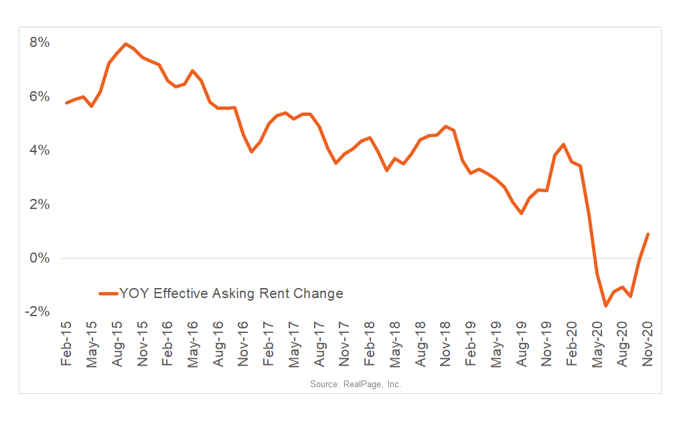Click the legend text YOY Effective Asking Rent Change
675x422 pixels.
(231, 293)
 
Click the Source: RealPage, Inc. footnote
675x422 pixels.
(356, 384)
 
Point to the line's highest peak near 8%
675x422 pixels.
(126, 44)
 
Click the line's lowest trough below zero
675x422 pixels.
(606, 305)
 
